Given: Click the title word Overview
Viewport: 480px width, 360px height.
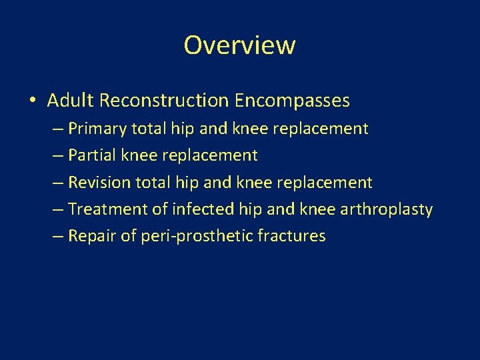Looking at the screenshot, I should [239, 45].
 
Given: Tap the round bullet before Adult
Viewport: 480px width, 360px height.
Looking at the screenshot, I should [33, 101].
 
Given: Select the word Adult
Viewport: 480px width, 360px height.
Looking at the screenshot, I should [71, 101].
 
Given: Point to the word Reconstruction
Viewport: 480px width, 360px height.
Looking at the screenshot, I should [164, 101].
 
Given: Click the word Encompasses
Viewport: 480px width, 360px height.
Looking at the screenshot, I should [292, 101].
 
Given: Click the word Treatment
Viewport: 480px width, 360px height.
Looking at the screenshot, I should [107, 209].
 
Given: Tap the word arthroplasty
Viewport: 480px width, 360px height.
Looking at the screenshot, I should [386, 209].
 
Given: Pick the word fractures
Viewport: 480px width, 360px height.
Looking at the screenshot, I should [291, 236].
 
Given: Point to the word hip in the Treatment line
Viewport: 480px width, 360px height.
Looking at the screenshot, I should [249, 209].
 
